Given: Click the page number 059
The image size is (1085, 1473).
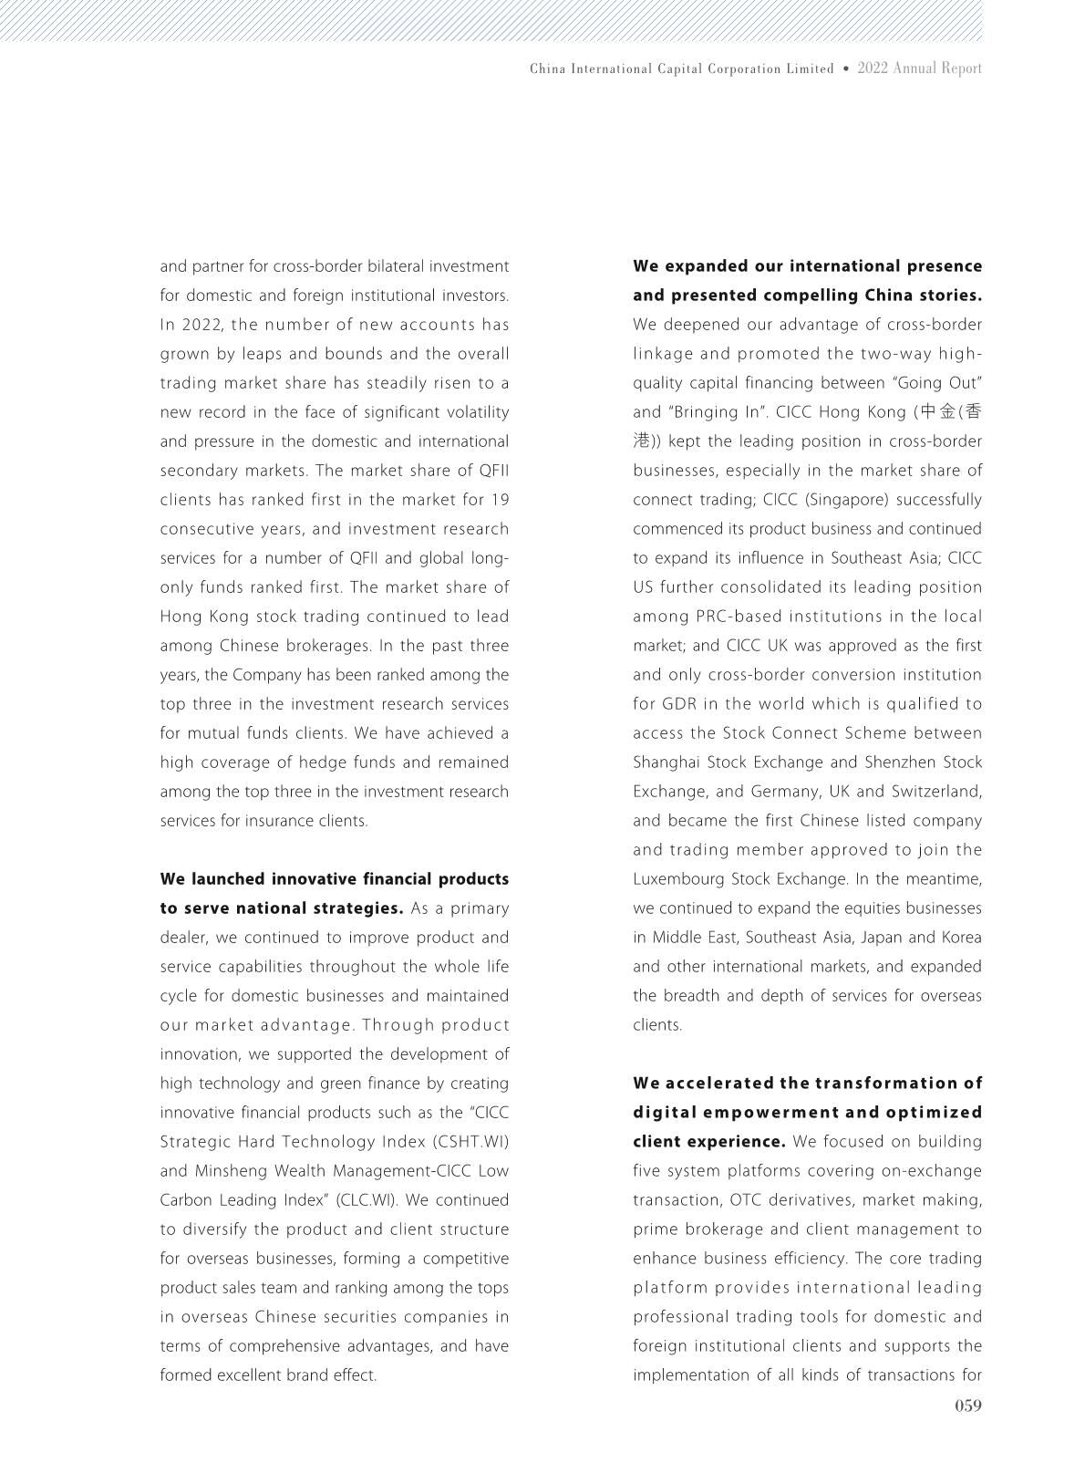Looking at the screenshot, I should (x=967, y=1406).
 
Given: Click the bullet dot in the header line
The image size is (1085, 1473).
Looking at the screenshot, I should (x=846, y=68).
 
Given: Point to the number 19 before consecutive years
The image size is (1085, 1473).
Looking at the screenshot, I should (x=500, y=500).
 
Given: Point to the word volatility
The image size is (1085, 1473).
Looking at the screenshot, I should (x=477, y=412).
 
